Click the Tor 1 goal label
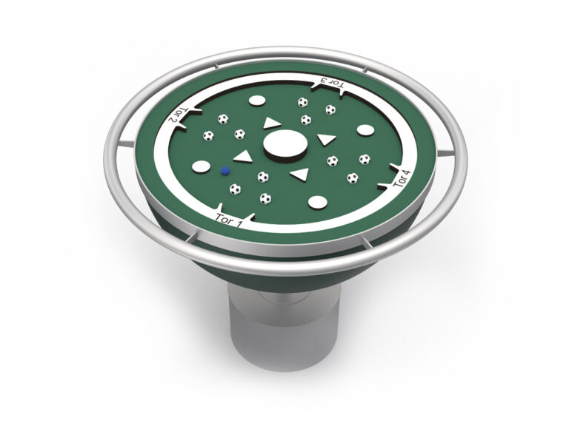click(x=229, y=220)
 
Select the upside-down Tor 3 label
click(x=333, y=83)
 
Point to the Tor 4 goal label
click(x=403, y=178)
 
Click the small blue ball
click(x=225, y=171)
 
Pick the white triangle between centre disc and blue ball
click(x=243, y=157)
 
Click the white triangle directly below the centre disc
click(x=300, y=175)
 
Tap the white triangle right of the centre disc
click(x=326, y=139)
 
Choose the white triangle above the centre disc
click(x=271, y=123)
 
